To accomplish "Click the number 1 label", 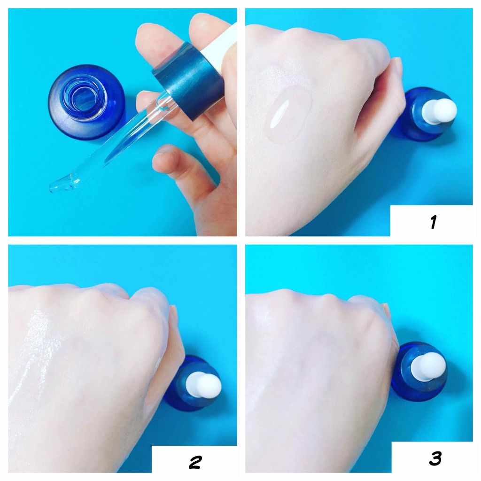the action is [x=434, y=222].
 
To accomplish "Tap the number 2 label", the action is [x=195, y=462].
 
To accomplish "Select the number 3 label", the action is [x=435, y=458].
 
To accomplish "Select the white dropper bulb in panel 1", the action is [x=439, y=111].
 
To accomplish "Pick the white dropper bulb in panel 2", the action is [x=203, y=385].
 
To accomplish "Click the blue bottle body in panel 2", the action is [x=191, y=383].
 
